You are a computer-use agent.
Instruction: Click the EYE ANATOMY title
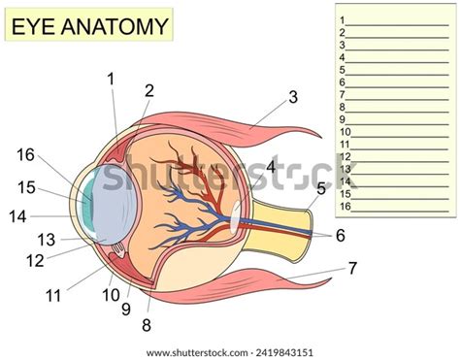[89, 26]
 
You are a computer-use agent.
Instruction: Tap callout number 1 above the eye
[112, 79]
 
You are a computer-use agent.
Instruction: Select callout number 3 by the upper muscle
[292, 97]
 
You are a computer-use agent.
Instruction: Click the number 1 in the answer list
[343, 19]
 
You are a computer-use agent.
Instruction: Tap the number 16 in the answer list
[345, 206]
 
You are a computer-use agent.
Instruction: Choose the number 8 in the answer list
[343, 107]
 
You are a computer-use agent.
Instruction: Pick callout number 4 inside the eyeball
[271, 168]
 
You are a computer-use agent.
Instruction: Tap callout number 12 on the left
[35, 259]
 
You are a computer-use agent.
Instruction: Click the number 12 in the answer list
[345, 156]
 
